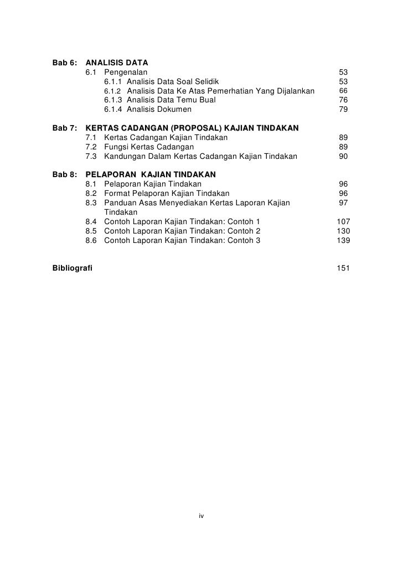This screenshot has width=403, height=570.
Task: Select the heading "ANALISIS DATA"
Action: coord(117,63)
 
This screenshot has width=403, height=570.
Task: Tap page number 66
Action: coord(343,91)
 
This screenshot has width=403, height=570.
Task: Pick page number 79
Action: coord(343,110)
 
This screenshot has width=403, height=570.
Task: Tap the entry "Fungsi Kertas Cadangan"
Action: coord(148,147)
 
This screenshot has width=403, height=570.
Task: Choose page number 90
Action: coord(343,157)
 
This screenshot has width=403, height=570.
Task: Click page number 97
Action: coord(343,203)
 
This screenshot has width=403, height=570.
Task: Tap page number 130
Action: coord(343,231)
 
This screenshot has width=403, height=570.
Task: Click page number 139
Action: coord(343,241)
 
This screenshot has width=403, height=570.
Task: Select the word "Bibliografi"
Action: coord(73,268)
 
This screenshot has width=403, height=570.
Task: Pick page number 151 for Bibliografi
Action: coord(343,268)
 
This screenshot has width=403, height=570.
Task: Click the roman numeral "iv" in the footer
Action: coord(201,516)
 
